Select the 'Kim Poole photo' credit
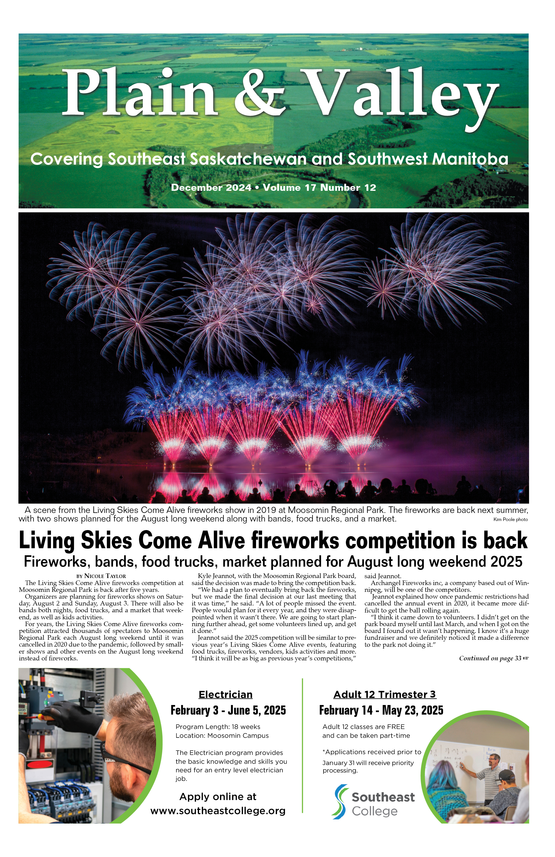point(510,519)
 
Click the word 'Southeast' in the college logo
point(383,797)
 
